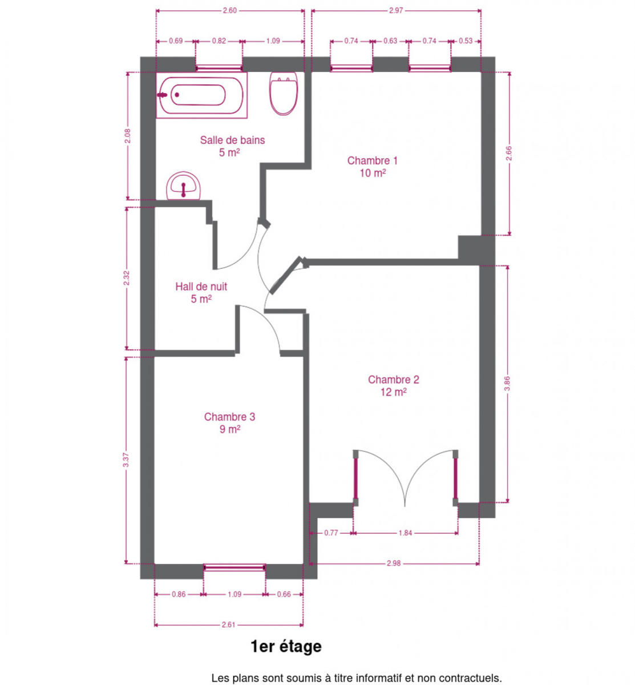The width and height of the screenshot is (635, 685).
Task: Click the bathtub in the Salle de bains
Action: tap(201, 95)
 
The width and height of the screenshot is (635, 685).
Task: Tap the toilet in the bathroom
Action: tap(284, 93)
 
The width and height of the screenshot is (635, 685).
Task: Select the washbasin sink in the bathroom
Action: tap(183, 186)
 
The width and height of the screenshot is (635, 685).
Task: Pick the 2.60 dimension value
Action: tap(229, 11)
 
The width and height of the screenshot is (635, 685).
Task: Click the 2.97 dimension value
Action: tap(396, 11)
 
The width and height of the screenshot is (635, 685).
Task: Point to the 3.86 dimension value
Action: tap(507, 384)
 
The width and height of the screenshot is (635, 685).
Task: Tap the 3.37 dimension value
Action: tap(126, 460)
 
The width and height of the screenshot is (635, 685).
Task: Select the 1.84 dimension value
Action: tap(405, 533)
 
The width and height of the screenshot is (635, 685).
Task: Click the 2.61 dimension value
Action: tap(229, 624)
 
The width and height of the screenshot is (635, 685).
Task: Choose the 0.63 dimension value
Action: tap(390, 41)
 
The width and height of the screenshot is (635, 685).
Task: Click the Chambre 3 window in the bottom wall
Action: tap(234, 567)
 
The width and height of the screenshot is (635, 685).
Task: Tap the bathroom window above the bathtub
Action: tap(219, 68)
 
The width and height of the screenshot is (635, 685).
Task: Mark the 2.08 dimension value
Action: tap(128, 136)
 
